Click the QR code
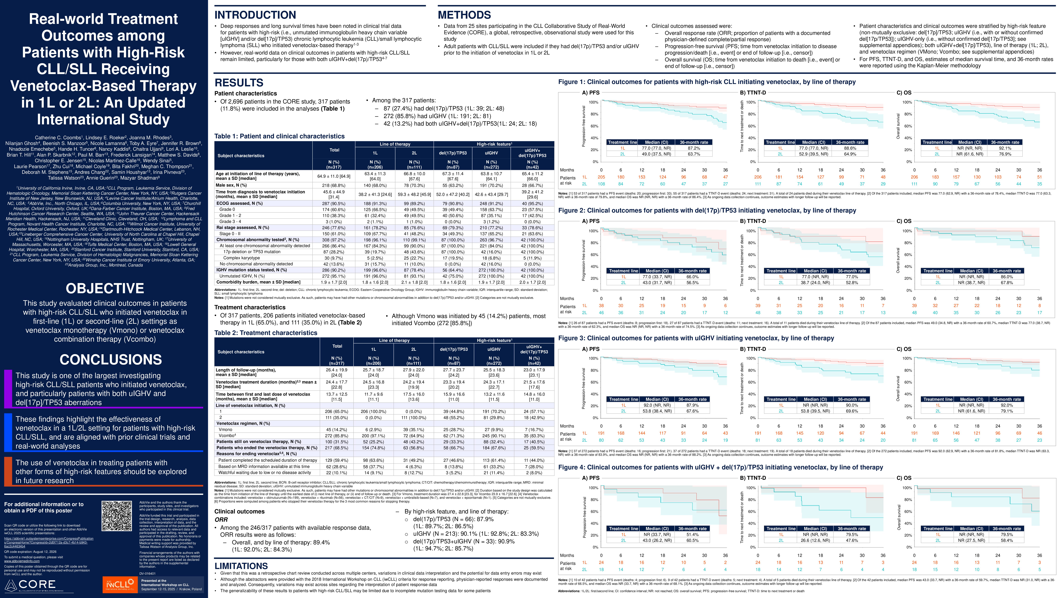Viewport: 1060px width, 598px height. [x=117, y=516]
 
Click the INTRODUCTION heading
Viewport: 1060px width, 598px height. [x=255, y=15]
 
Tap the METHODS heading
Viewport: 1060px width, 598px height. [x=464, y=15]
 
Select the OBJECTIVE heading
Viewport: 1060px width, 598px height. [x=105, y=288]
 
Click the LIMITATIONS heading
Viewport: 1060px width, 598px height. [x=241, y=566]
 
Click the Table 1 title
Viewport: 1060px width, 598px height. [x=279, y=136]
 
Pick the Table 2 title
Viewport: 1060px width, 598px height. [x=266, y=333]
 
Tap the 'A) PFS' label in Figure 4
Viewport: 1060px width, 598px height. [x=591, y=478]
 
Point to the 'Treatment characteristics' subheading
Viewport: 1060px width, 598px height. [x=250, y=307]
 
